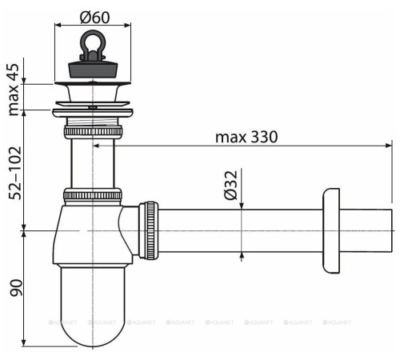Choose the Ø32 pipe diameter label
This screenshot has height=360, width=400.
(x=230, y=185)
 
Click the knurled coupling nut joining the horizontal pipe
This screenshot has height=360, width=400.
(x=149, y=230)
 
